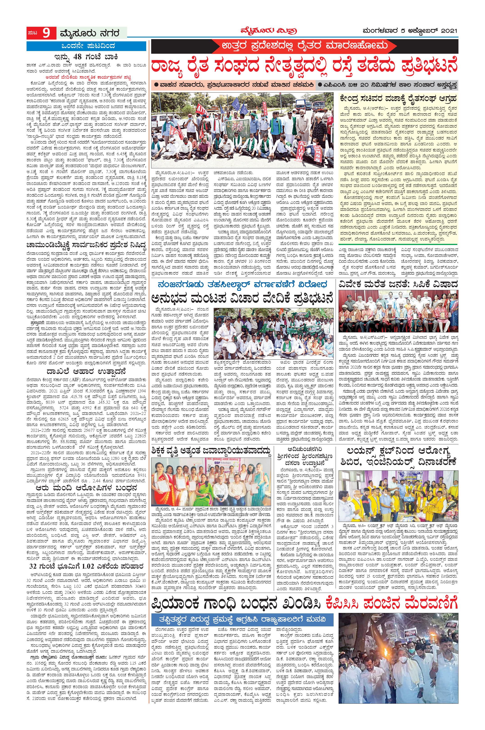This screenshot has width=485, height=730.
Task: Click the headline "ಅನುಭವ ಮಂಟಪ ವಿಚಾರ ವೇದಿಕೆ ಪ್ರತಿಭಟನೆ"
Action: coord(243,299)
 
